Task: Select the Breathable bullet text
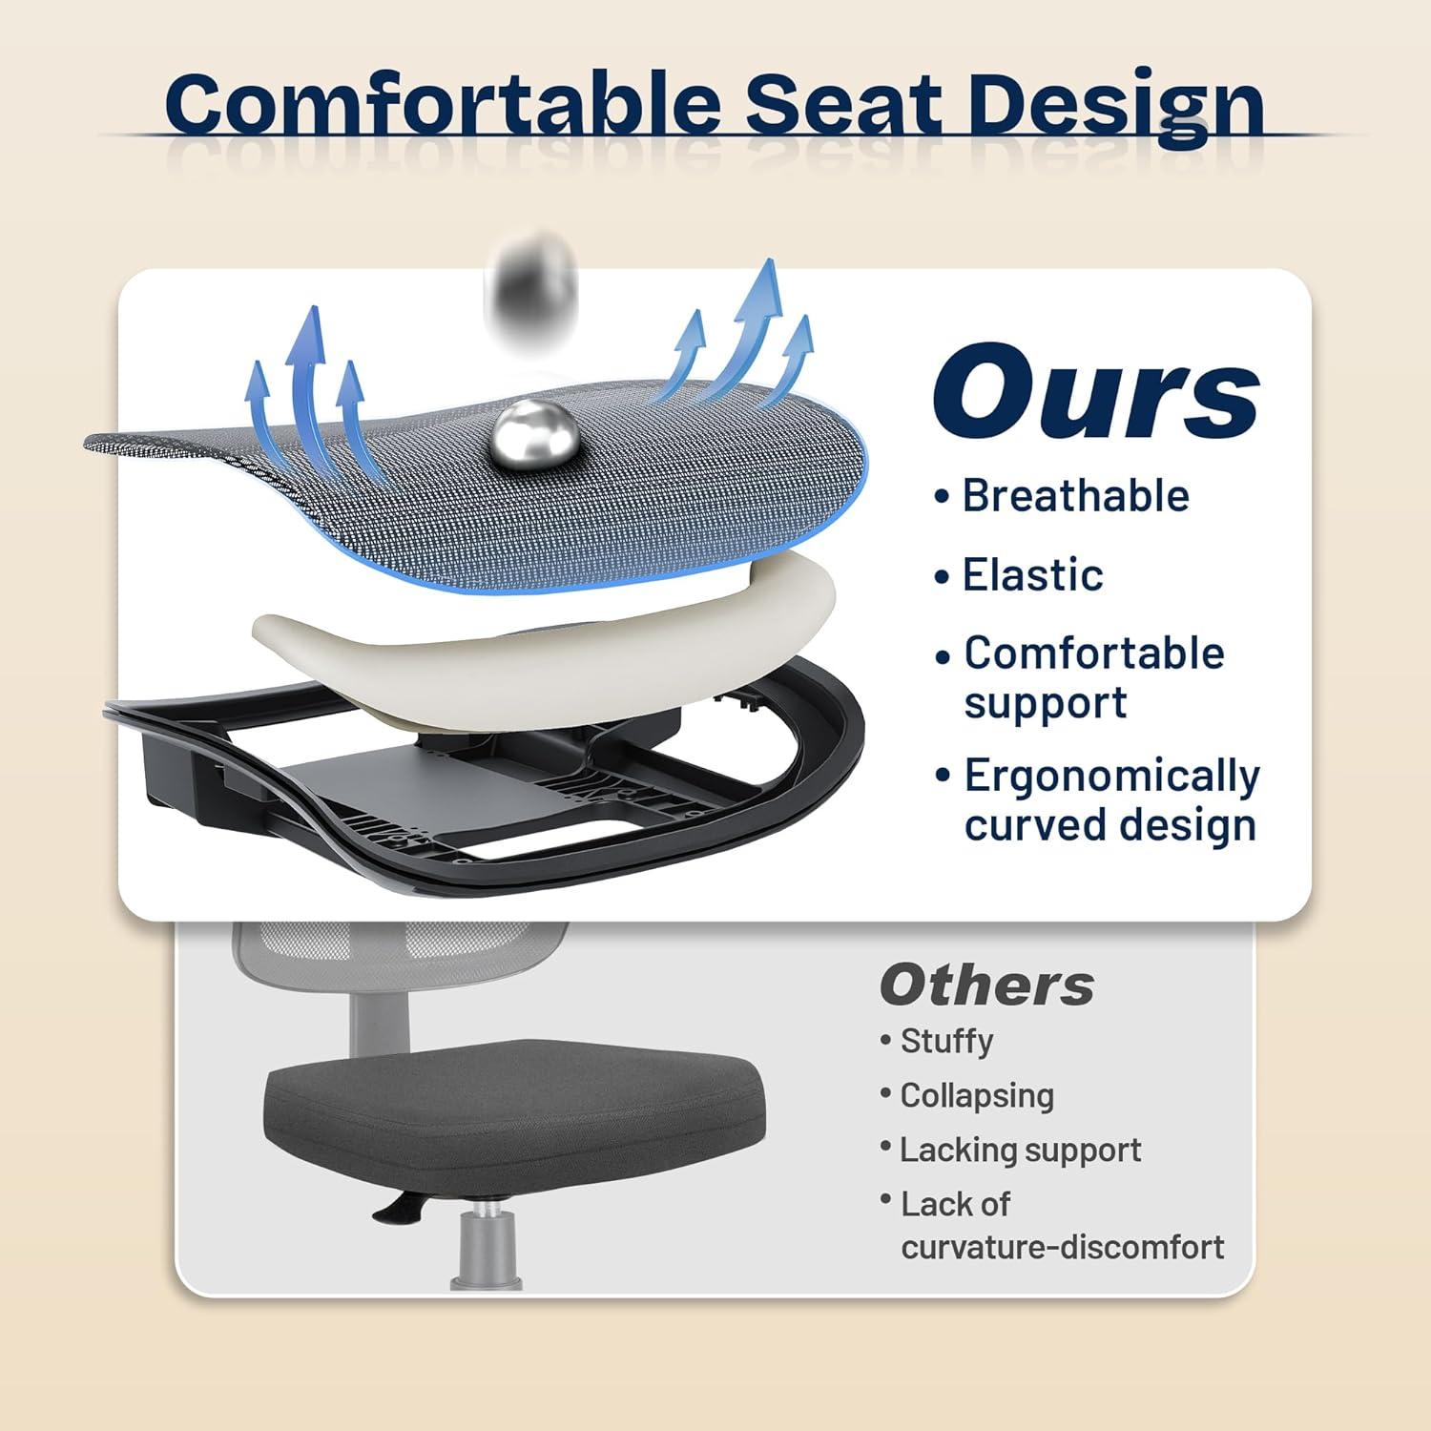click(x=1075, y=496)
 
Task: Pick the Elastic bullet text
click(x=1032, y=575)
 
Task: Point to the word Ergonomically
click(x=1111, y=776)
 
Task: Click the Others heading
click(x=986, y=985)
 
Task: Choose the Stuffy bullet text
click(x=946, y=1040)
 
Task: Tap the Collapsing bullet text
click(x=977, y=1095)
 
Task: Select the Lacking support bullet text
click(x=1020, y=1150)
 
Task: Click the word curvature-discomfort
click(x=1062, y=1247)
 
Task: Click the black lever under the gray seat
click(x=401, y=1209)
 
